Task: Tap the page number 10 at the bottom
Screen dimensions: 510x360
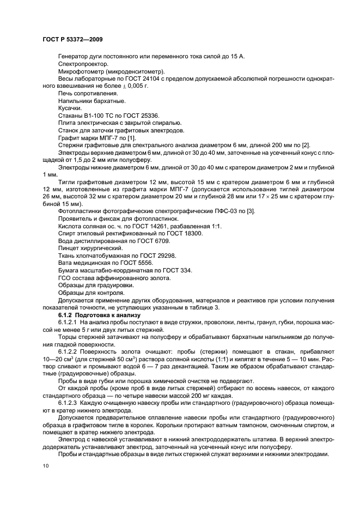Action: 45,466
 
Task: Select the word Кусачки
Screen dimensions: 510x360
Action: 71,108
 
